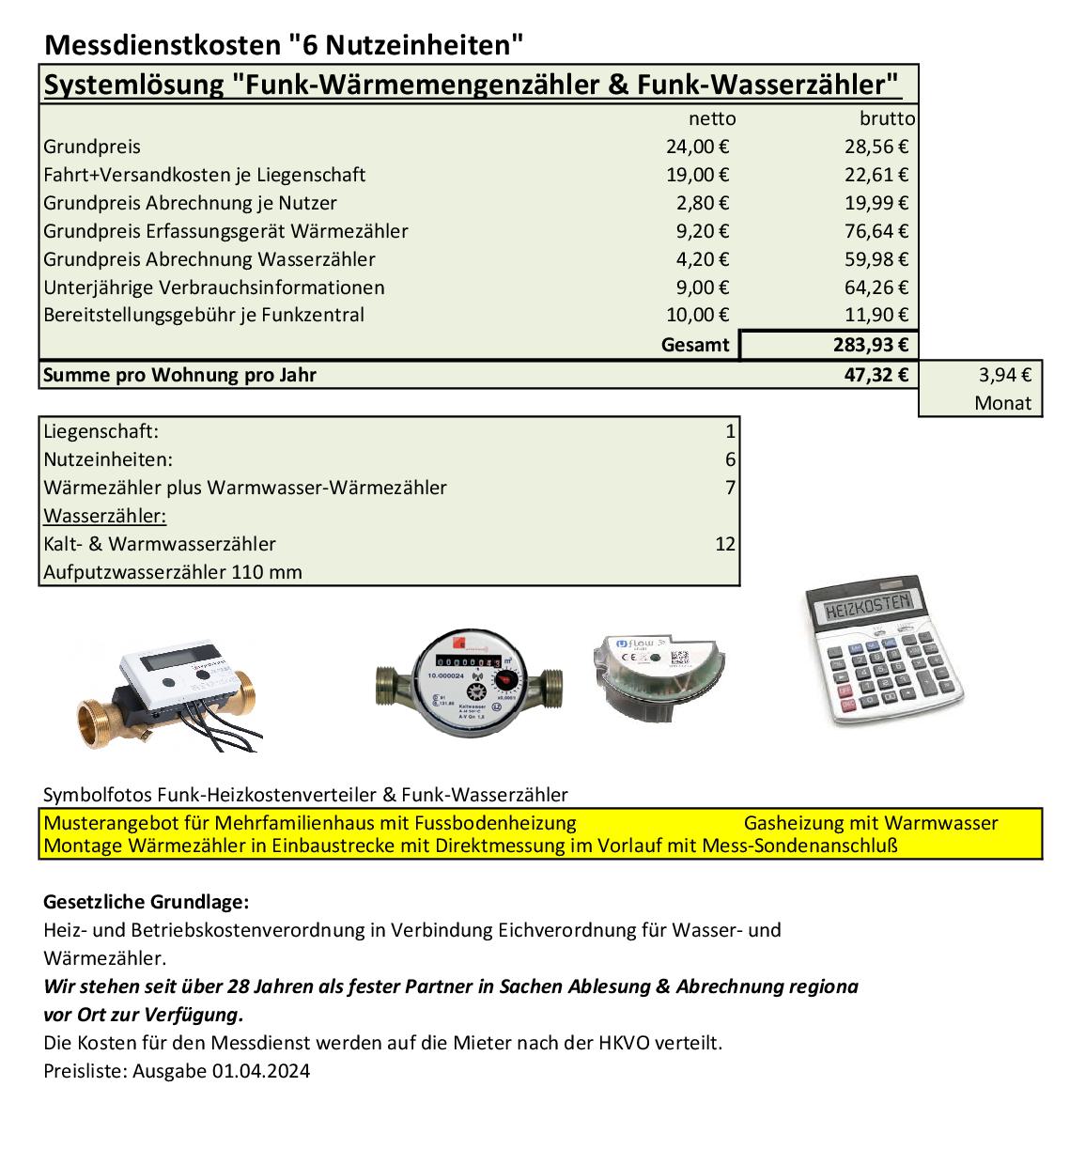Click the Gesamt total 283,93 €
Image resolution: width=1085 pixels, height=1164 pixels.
(x=870, y=345)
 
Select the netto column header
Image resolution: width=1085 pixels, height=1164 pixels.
(x=712, y=119)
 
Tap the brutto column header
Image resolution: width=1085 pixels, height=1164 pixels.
(x=887, y=119)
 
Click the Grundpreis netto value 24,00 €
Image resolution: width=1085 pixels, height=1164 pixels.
(x=697, y=147)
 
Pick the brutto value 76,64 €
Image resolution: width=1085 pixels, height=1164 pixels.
(x=876, y=231)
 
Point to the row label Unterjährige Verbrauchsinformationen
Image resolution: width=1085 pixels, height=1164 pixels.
(x=214, y=287)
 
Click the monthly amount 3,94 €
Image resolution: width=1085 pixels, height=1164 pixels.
(x=1004, y=375)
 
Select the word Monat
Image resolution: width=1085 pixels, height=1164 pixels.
(x=1002, y=403)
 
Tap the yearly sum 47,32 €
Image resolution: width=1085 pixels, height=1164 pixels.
(x=876, y=375)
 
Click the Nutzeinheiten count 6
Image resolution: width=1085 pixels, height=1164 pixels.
(x=730, y=459)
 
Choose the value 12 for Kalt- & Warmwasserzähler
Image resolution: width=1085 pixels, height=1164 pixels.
(x=724, y=544)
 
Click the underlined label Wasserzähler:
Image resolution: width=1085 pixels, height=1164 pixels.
(x=105, y=516)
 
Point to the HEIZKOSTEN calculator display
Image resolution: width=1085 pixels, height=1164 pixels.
(x=867, y=606)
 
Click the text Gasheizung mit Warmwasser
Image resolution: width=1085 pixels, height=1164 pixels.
(x=870, y=823)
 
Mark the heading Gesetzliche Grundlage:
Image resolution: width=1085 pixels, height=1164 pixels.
(x=147, y=902)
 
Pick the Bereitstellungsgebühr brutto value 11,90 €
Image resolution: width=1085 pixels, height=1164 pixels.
(x=876, y=316)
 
